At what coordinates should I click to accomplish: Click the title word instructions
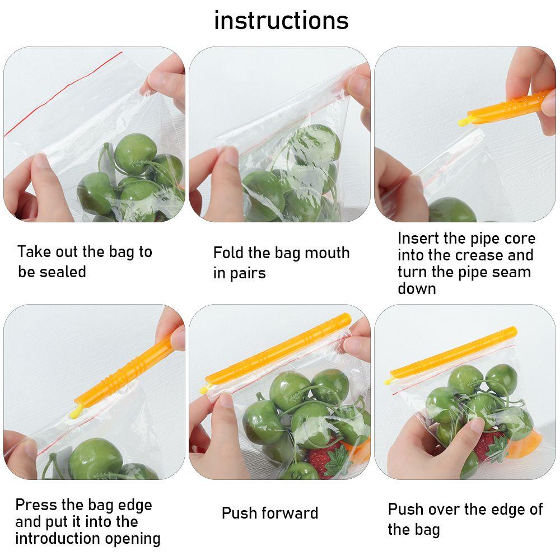click(x=281, y=21)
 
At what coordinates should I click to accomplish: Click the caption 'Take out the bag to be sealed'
click(x=85, y=262)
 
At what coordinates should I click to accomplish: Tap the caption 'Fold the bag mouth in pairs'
click(x=281, y=262)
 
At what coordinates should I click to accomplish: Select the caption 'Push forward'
click(x=270, y=513)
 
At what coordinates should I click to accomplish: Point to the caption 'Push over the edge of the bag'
click(x=465, y=519)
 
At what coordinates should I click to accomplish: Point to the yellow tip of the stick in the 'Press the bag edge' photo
click(x=74, y=413)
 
